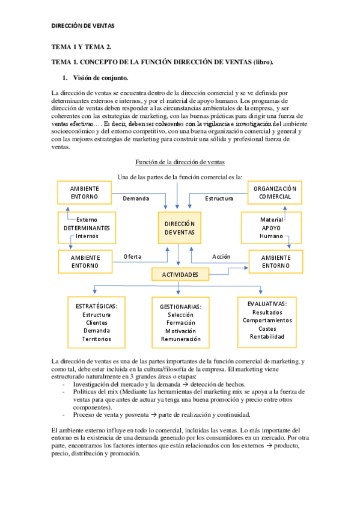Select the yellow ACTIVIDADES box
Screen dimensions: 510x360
(180, 274)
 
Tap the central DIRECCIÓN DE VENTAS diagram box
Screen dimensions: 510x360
(180, 227)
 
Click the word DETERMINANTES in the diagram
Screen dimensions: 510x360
(87, 228)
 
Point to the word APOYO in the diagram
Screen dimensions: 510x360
(271, 228)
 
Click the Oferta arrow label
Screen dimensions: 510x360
(132, 256)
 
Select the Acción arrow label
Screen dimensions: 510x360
(221, 256)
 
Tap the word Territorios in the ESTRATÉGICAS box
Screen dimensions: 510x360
(97, 339)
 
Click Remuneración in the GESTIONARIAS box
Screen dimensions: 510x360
(180, 339)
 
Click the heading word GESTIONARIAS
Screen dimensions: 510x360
(180, 307)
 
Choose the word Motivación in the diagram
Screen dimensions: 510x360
(180, 331)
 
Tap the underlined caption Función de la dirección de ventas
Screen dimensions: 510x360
(180, 162)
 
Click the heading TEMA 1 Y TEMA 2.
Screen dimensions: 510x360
(81, 46)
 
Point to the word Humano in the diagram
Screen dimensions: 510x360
(271, 236)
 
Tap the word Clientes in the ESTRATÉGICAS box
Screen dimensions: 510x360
(97, 322)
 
